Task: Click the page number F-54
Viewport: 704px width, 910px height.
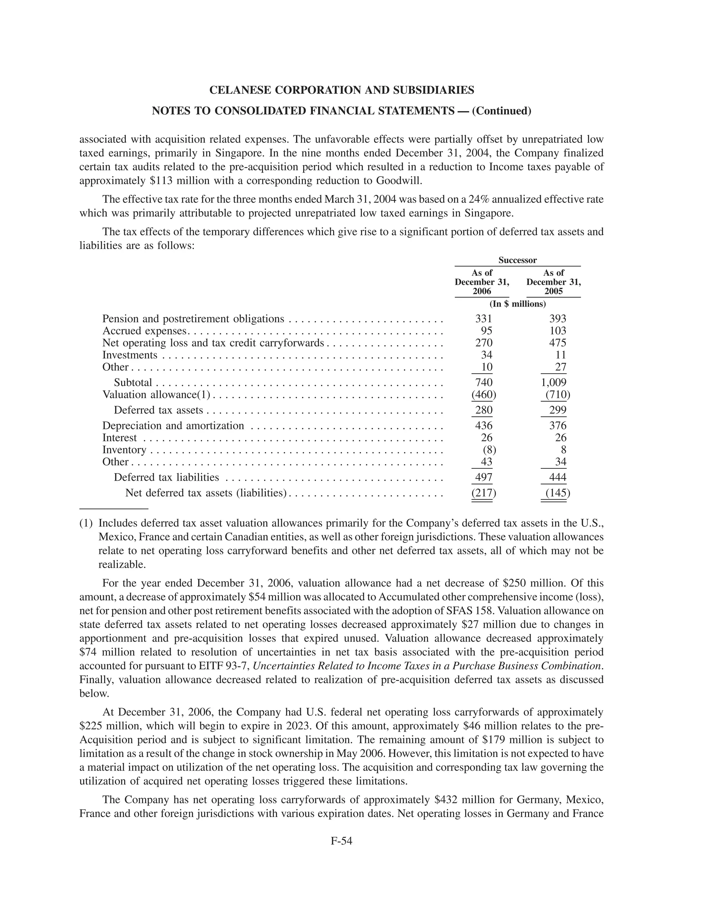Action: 341,841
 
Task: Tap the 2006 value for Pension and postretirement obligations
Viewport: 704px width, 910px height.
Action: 483,319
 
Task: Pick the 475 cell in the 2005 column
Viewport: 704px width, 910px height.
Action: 558,343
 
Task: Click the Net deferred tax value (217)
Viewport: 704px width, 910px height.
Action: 483,493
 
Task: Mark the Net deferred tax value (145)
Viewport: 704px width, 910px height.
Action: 558,493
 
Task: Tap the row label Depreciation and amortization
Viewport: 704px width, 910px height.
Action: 173,426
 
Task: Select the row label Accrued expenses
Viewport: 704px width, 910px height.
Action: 144,331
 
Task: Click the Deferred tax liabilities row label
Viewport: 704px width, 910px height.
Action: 166,478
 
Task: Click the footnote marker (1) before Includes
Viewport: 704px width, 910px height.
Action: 86,523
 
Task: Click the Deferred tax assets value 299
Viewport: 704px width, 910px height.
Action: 558,410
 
